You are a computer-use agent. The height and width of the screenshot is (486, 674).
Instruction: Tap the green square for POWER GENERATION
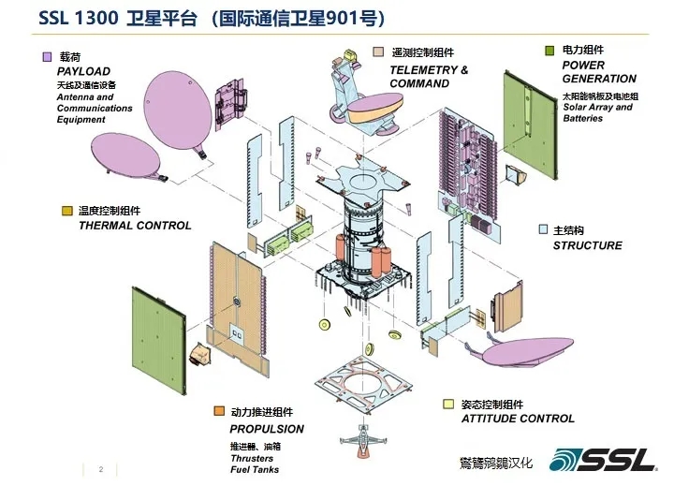[x=550, y=50]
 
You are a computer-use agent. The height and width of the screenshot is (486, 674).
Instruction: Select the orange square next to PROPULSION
[x=219, y=412]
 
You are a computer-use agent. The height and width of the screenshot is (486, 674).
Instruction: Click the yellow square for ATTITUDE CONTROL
[x=449, y=405]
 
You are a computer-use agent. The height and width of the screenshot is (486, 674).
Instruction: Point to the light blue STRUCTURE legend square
[x=543, y=229]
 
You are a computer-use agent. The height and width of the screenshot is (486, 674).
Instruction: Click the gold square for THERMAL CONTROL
[x=67, y=211]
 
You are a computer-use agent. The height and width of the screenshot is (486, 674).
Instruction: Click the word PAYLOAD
[x=83, y=71]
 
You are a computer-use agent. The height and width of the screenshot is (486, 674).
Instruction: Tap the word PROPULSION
[x=267, y=429]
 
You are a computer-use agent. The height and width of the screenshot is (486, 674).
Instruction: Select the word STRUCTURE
[x=587, y=245]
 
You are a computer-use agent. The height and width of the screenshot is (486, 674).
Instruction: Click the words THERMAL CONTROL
[x=135, y=226]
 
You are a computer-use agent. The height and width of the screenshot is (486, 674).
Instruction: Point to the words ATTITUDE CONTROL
[x=518, y=419]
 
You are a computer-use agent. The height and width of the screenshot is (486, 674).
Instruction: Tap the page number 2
[x=101, y=469]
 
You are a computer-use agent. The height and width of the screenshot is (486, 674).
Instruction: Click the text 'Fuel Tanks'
[x=254, y=469]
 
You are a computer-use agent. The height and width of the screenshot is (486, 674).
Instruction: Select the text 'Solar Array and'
[x=597, y=108]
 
